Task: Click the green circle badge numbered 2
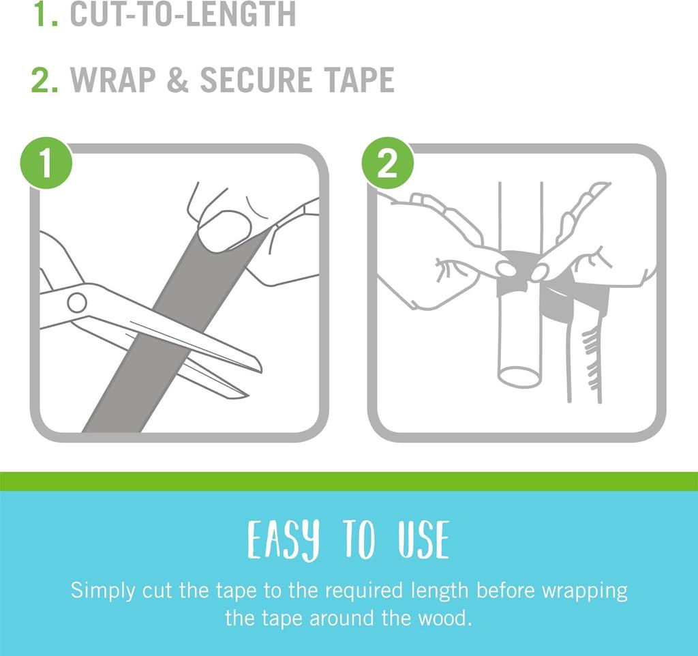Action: (x=387, y=164)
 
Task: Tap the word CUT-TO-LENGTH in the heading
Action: (x=183, y=14)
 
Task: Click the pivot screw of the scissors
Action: (x=77, y=301)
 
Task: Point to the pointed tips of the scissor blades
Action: (x=252, y=382)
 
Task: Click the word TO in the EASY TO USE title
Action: (x=359, y=540)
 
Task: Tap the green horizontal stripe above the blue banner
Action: (x=349, y=481)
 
